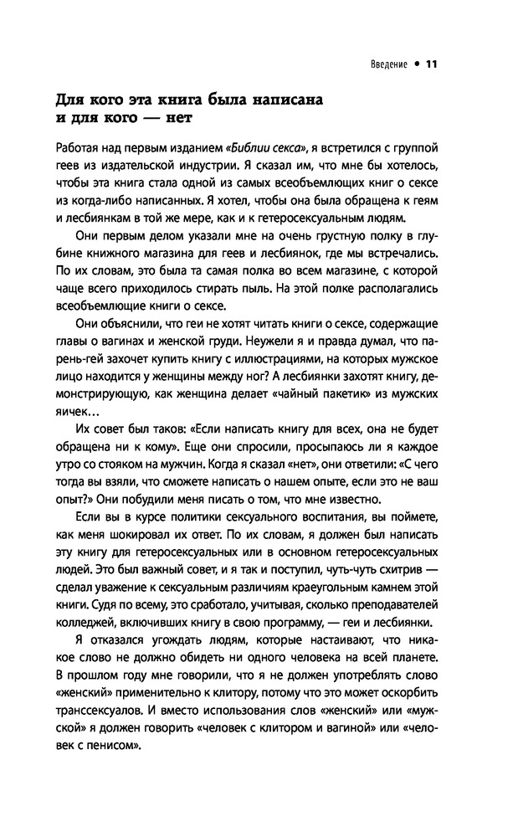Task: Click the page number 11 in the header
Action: [432, 63]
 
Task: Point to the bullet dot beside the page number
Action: [416, 63]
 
